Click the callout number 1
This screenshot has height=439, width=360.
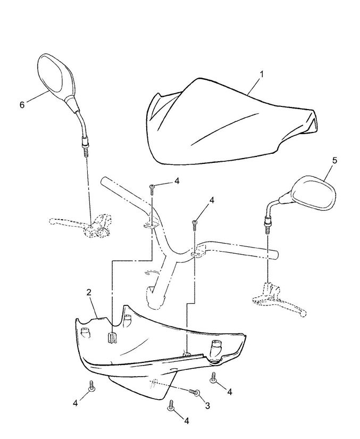pos(262,74)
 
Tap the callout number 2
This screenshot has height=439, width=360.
pos(89,293)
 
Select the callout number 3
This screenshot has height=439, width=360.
pos(207,405)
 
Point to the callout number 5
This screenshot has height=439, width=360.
pos(334,160)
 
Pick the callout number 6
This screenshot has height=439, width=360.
pos(22,105)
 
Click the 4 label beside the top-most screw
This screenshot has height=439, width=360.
pos(177,181)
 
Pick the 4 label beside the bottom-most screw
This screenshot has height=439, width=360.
pos(187,421)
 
